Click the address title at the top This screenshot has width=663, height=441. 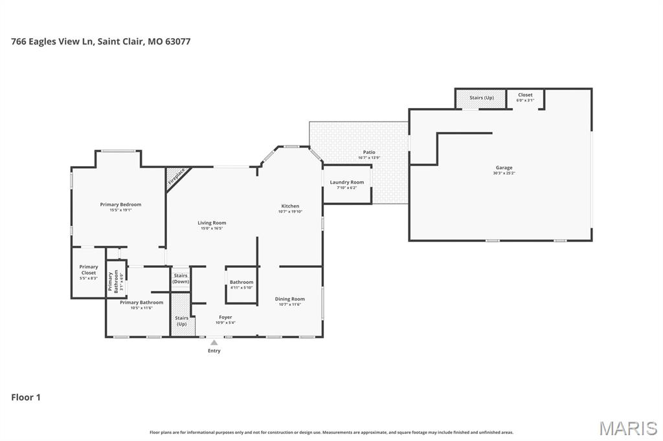pos(100,41)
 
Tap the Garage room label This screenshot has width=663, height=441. pos(504,170)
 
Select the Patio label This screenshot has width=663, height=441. pos(369,155)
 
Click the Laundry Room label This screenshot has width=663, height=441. pos(347,184)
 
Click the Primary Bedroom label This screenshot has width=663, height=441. pos(120,207)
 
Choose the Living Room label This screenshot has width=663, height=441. pos(212,225)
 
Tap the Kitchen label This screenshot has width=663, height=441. pos(290,208)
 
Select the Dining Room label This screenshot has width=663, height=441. pos(290,301)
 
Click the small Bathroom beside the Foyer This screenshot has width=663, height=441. pos(242,285)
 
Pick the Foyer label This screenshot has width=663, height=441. pos(225,319)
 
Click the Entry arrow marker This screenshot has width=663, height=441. pos(214,343)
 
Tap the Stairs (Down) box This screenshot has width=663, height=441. pos(181,279)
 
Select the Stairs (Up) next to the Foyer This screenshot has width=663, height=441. pos(181,321)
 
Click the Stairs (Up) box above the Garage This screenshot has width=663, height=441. pos(481,98)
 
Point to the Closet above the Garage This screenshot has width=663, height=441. pos(525,98)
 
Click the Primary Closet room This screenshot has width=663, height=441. pos(89,272)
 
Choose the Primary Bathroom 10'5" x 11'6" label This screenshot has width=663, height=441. pos(141,305)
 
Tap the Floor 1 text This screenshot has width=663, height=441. pos(26,397)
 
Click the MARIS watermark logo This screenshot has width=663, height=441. pos(627,427)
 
